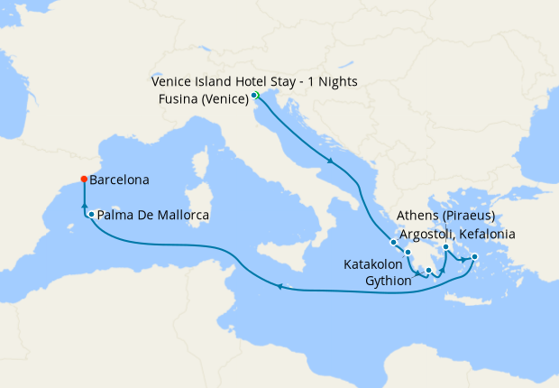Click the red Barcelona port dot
[x=84, y=179]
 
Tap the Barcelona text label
[x=121, y=180]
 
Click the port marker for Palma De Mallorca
[x=92, y=214]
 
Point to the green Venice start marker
[x=255, y=95]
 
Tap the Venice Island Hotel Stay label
[x=254, y=81]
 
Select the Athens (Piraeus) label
[x=446, y=217]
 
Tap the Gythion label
[x=389, y=281]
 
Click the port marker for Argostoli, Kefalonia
[x=393, y=242]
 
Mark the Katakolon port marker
[x=408, y=252]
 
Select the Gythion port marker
[x=429, y=270]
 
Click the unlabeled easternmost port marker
[x=474, y=256]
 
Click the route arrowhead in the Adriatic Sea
[x=332, y=162]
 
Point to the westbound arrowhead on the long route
[x=280, y=287]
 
